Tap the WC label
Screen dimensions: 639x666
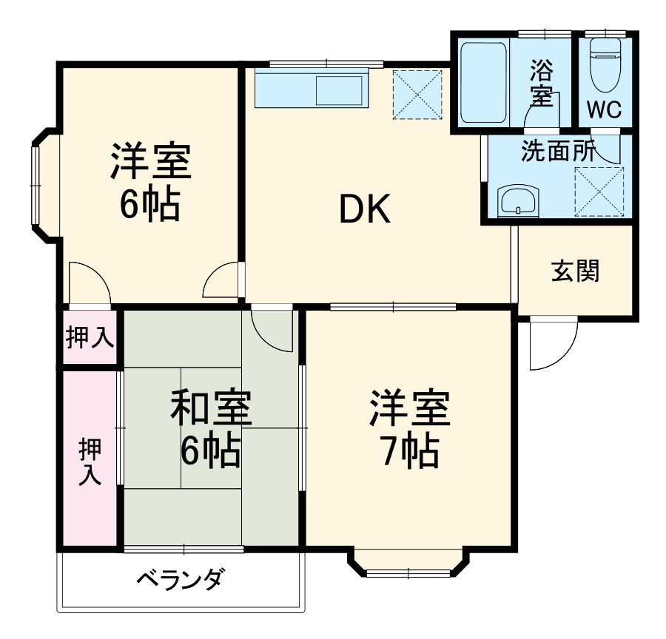605,109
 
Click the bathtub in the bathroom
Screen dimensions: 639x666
482,82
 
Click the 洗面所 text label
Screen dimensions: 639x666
558,151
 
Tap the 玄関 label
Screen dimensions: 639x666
575,271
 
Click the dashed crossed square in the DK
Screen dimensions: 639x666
417,94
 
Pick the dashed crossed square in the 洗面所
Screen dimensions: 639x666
599,191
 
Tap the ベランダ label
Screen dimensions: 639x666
179,581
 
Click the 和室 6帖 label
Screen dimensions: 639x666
210,429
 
